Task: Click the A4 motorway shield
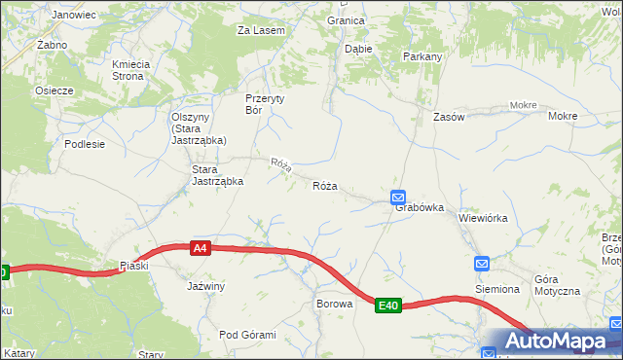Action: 200,249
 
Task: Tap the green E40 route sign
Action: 388,306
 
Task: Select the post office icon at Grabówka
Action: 398,198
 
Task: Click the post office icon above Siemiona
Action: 482,264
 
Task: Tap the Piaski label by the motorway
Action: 133,266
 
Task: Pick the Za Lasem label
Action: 261,30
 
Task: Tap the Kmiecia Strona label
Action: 130,70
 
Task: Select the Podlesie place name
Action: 85,143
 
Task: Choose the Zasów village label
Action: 449,117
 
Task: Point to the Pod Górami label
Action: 247,335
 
